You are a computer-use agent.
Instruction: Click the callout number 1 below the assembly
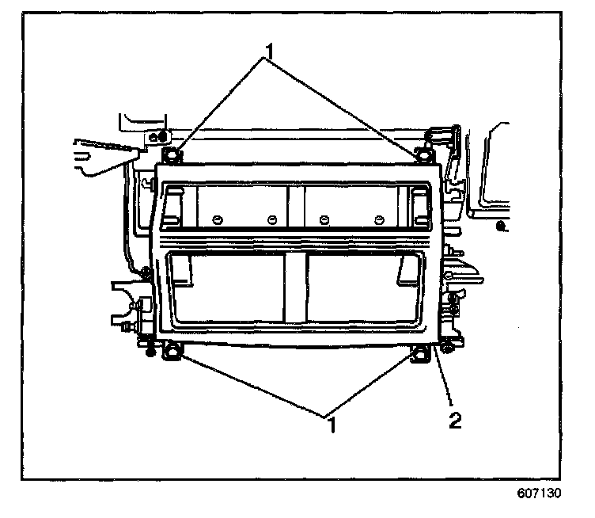[332, 425]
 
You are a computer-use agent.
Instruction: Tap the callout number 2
[454, 421]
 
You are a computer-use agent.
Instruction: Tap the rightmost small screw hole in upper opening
[378, 219]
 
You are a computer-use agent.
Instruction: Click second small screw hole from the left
[271, 219]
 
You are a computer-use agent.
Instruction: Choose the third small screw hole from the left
[324, 219]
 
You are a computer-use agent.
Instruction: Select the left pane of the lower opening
[229, 289]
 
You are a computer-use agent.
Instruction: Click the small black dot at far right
[500, 227]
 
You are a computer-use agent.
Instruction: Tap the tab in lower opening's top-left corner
[181, 270]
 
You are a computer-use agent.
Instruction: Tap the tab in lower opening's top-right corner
[411, 270]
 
